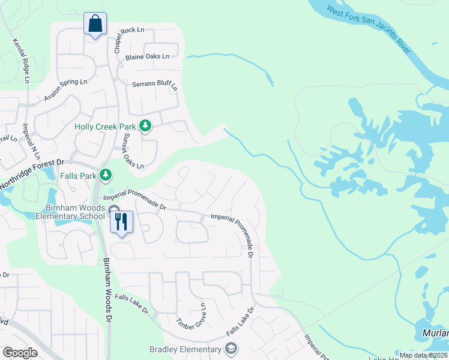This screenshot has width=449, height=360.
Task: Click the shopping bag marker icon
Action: pos(95,24)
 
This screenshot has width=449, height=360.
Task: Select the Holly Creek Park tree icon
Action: pos(145,126)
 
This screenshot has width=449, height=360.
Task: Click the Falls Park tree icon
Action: pos(106,175)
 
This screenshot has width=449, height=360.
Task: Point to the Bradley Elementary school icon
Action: pos(231,349)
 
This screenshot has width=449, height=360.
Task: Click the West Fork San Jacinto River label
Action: pos(369,29)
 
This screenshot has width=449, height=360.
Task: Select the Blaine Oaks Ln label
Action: pos(147,57)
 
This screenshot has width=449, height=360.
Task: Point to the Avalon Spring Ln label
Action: pos(65,90)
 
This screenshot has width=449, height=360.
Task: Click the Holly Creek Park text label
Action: pos(105,127)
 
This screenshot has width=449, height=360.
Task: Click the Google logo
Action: pos(20,353)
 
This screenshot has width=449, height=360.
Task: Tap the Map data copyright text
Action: pos(423,355)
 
